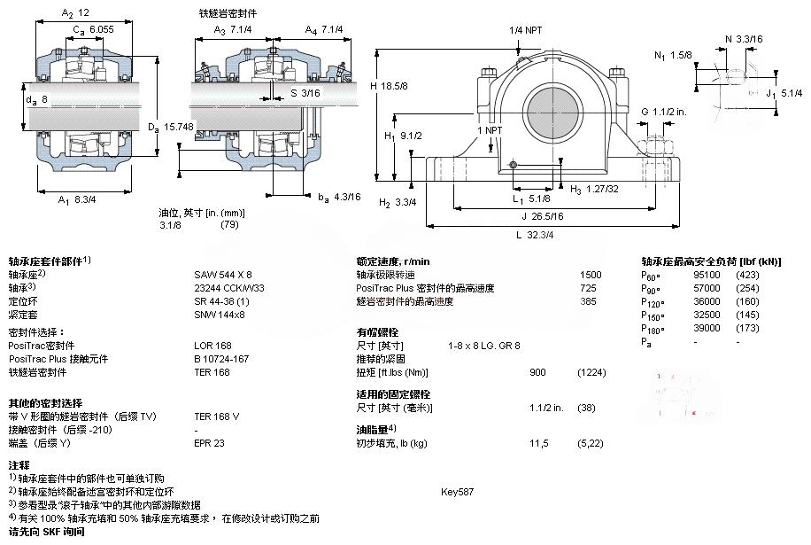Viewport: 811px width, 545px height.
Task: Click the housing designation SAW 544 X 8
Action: pos(222,275)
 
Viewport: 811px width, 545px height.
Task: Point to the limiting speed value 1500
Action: pos(590,275)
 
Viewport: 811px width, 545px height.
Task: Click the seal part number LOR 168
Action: pos(212,346)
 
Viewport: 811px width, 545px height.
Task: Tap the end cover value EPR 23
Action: pos(210,442)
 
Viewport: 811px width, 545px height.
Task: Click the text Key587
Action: pos(457,491)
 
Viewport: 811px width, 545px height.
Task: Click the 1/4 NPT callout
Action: pos(526,30)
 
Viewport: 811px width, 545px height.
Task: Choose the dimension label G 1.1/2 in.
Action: pos(664,112)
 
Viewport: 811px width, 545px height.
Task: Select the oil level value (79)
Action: pos(229,225)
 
